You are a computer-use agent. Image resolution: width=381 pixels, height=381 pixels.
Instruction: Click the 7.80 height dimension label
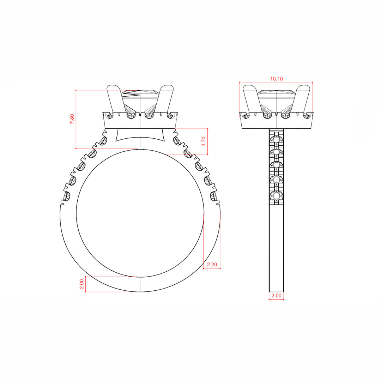[72, 119]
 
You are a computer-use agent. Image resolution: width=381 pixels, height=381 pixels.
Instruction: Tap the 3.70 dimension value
[204, 141]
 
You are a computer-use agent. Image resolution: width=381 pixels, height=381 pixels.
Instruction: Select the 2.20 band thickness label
[212, 265]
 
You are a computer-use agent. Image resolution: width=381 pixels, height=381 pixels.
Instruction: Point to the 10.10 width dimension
[277, 79]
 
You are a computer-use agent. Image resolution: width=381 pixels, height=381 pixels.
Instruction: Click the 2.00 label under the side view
[276, 296]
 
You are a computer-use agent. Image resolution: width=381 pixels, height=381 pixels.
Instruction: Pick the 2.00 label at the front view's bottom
[81, 284]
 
